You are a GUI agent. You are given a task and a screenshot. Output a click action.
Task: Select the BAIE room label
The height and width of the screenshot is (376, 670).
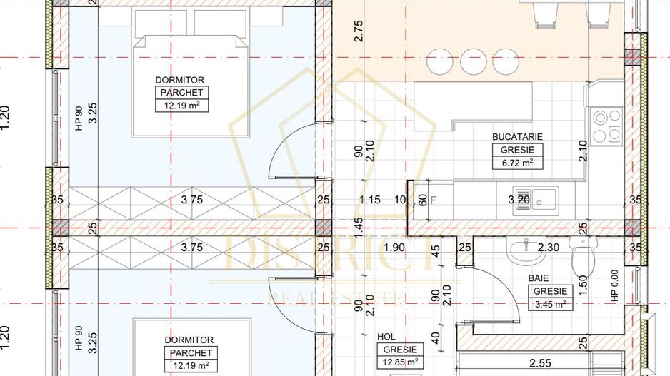pos(538,278)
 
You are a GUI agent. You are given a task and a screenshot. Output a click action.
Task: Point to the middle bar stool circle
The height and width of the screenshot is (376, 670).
pos(473,61)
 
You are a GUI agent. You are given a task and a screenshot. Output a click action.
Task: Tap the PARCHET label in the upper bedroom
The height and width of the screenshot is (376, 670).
pos(181,93)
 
